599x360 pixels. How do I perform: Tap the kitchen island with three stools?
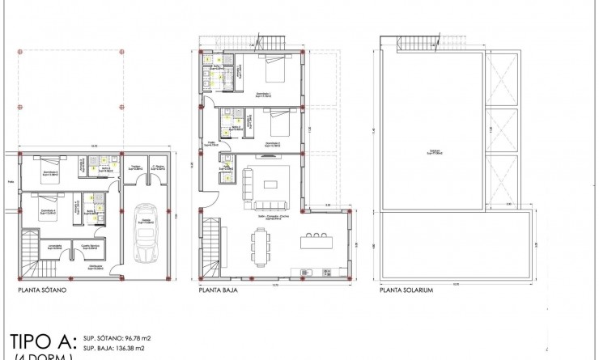(316, 241)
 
